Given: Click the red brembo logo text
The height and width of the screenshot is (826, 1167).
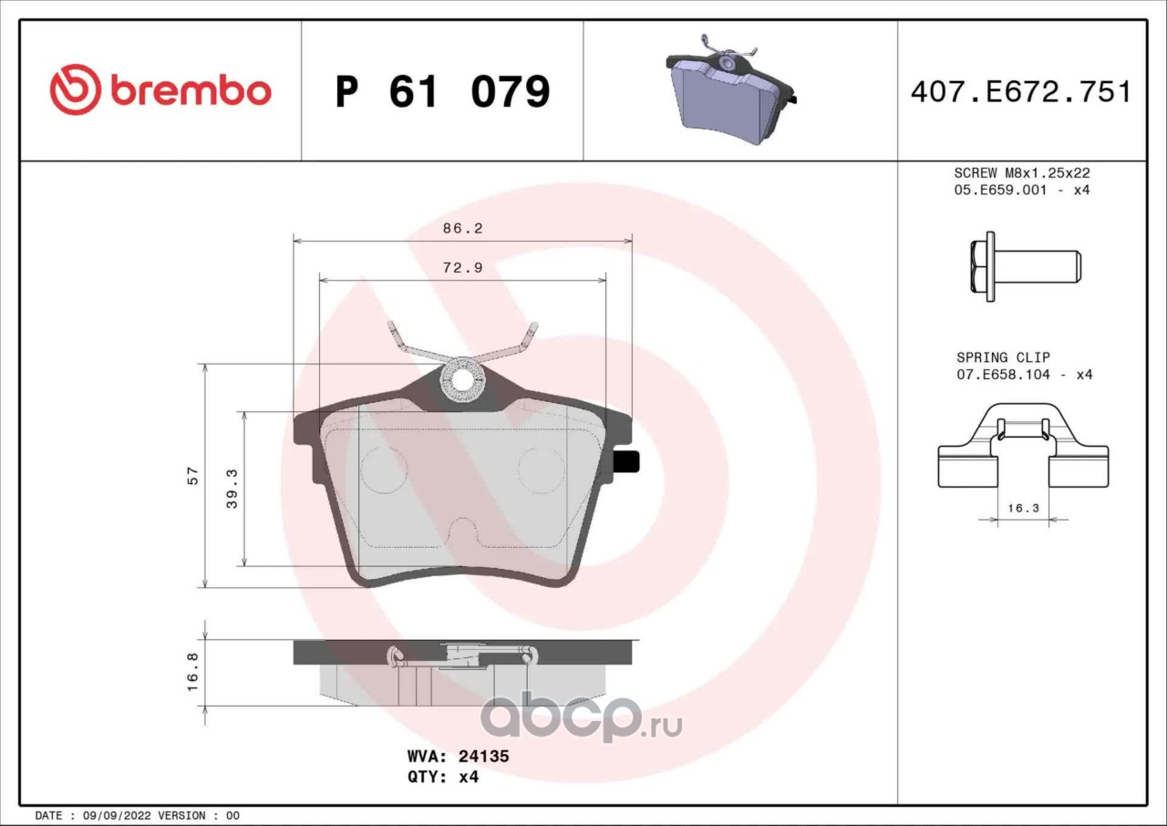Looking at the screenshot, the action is point(191,92).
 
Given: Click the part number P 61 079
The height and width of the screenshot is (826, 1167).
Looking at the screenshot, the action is point(443,92).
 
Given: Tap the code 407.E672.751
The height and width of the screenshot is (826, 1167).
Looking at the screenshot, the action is point(1021,92).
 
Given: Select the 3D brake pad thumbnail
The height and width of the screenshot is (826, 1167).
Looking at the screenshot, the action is point(731,88).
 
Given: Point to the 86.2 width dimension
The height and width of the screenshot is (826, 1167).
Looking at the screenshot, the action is point(462,228).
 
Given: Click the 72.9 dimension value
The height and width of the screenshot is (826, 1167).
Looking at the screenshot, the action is point(462,268).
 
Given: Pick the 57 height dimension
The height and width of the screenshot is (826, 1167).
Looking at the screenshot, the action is point(192,476).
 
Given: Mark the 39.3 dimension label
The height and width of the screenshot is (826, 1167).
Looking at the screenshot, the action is point(232,489).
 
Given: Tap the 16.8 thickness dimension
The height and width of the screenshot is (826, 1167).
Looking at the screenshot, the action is point(192,672).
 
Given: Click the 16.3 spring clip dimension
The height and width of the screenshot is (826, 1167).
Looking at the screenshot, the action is point(1023,508).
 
